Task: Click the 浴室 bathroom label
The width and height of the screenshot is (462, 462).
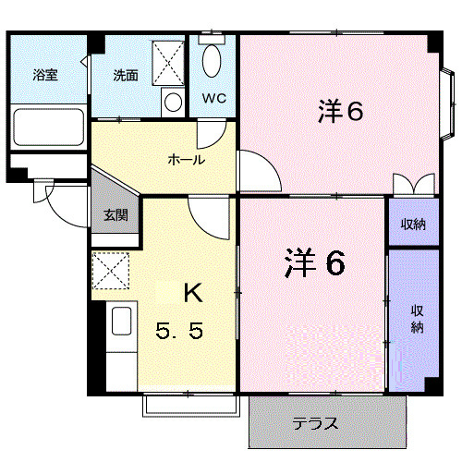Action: (x=45, y=76)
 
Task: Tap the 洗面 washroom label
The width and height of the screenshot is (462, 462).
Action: (x=126, y=76)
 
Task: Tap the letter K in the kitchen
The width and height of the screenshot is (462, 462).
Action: (x=192, y=293)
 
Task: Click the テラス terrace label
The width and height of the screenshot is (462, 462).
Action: (x=316, y=424)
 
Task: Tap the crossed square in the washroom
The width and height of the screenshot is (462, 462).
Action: (x=167, y=61)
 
